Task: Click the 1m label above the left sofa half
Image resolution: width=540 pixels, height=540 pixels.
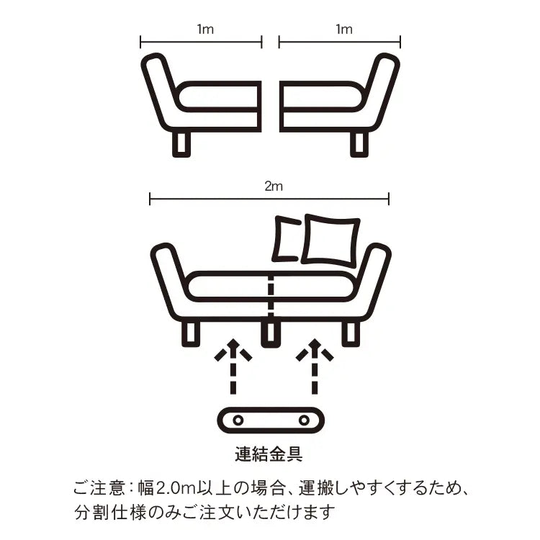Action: (205, 30)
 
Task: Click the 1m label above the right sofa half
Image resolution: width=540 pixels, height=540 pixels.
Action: (344, 30)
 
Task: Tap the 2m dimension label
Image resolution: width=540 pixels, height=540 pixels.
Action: (274, 186)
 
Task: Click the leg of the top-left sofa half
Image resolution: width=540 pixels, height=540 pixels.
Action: (181, 144)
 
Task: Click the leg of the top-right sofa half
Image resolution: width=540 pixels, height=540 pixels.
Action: (359, 144)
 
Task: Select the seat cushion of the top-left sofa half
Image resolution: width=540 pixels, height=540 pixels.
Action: (218, 96)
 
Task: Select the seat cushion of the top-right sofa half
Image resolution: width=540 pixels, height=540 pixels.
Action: (322, 96)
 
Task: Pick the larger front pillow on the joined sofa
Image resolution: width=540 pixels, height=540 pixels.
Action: (331, 241)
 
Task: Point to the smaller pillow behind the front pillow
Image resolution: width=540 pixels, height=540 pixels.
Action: (285, 238)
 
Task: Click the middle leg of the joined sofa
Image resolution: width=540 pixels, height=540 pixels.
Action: (270, 334)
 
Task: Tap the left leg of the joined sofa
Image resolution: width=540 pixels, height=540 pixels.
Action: (191, 334)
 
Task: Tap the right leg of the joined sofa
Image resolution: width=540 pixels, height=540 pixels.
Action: (351, 334)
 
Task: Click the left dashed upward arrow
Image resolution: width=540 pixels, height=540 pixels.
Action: (233, 366)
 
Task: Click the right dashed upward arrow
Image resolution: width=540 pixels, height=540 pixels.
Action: (315, 366)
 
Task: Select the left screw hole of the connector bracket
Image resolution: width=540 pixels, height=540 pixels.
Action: (238, 420)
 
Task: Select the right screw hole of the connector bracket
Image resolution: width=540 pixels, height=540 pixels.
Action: (304, 420)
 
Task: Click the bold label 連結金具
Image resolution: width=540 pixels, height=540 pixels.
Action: (269, 454)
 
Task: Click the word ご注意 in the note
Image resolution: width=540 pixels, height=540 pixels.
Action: (99, 488)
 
